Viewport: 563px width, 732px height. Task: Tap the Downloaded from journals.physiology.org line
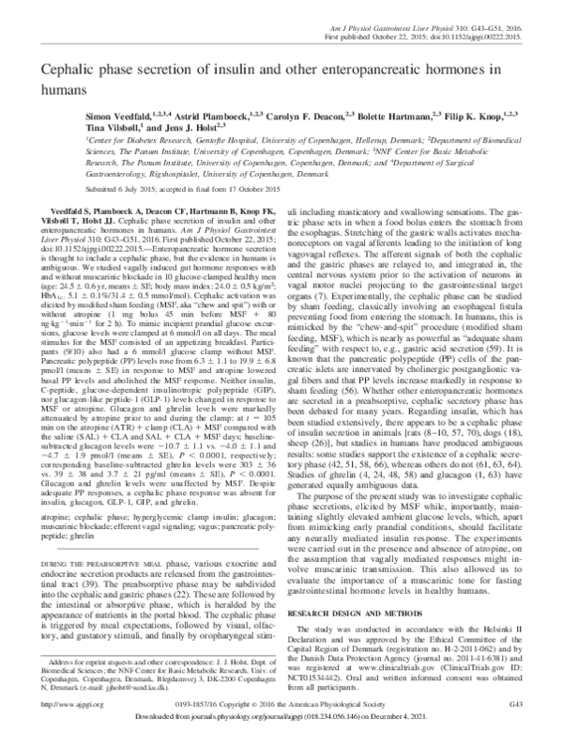point(281,717)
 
